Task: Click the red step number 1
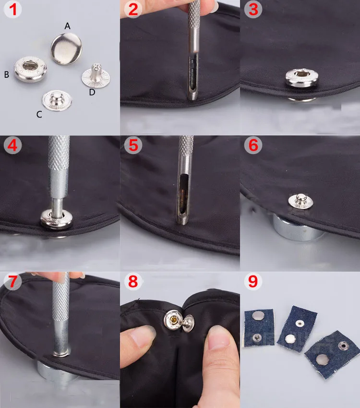(13, 9)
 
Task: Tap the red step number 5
(133, 145)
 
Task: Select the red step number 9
(253, 281)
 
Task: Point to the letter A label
(67, 26)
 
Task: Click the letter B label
(7, 75)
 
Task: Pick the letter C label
(39, 114)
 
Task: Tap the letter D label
(92, 92)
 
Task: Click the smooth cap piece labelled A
(66, 48)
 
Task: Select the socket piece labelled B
(30, 69)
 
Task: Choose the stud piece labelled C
(57, 101)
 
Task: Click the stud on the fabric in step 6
(300, 201)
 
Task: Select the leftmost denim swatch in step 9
(259, 327)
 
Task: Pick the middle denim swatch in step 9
(297, 329)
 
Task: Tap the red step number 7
(12, 281)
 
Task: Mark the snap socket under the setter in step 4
(57, 219)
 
